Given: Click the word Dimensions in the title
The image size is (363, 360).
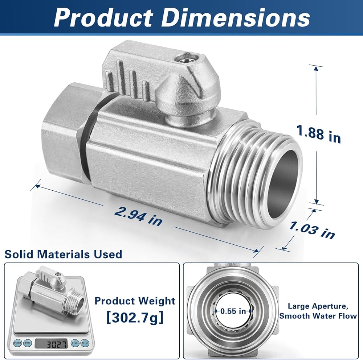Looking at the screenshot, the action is tap(235, 18).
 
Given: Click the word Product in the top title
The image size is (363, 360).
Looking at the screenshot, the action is tap(103, 18).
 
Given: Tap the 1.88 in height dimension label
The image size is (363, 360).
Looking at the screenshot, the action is tap(319, 135).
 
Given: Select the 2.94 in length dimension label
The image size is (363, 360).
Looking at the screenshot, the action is tap(139, 216).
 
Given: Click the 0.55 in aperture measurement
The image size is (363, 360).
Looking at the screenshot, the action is tap(233, 311).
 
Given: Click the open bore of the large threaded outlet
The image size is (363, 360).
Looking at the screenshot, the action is tap(283, 183).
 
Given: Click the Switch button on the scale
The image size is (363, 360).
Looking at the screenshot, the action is tap(17, 343).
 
